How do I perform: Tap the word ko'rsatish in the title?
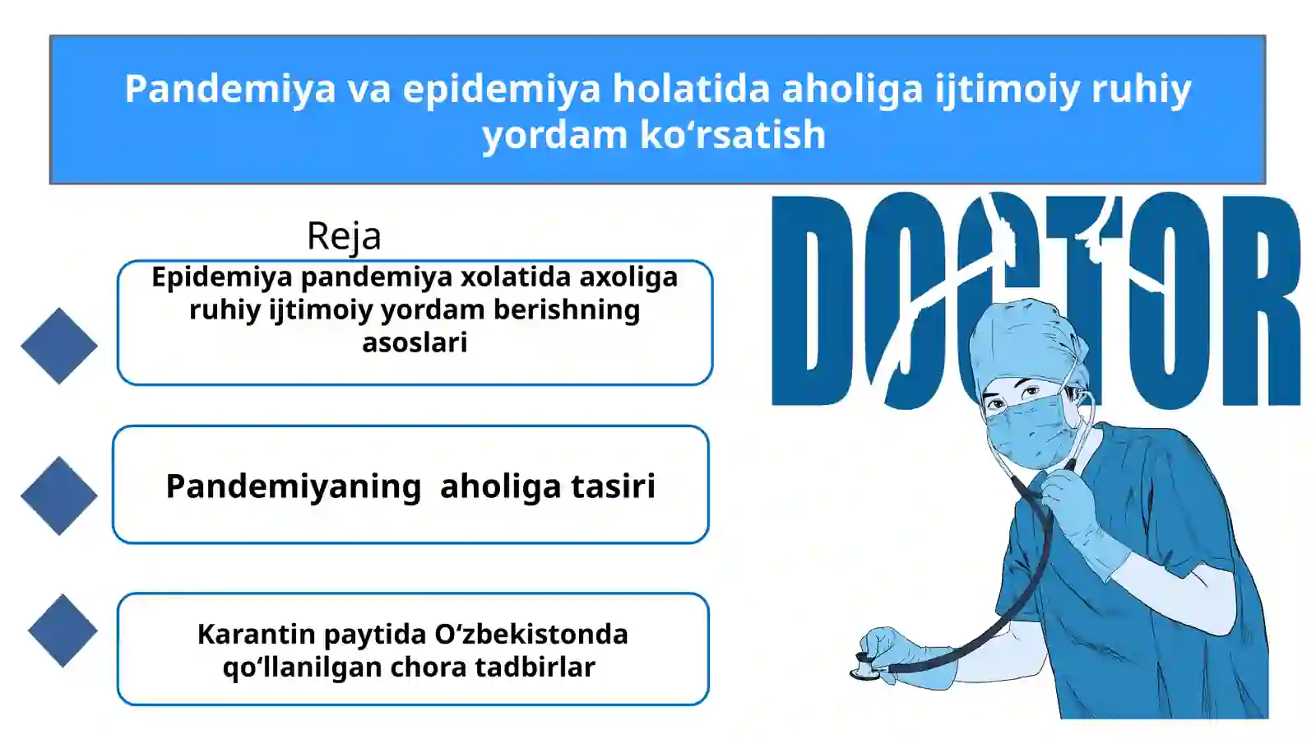coord(733,135)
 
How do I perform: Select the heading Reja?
coord(344,236)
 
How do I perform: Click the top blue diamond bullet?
coord(59,346)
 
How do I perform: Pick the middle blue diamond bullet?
coord(59,496)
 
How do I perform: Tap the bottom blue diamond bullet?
coord(63,631)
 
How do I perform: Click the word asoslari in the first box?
coord(415,342)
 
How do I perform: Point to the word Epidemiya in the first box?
coord(221,277)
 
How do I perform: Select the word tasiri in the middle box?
coord(613,486)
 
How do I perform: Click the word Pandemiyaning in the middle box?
coord(294,486)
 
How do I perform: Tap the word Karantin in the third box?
coord(256,635)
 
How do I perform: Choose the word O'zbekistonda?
coord(531,635)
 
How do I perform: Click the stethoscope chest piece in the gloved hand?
coord(866,668)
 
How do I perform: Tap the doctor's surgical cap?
coord(1020,342)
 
